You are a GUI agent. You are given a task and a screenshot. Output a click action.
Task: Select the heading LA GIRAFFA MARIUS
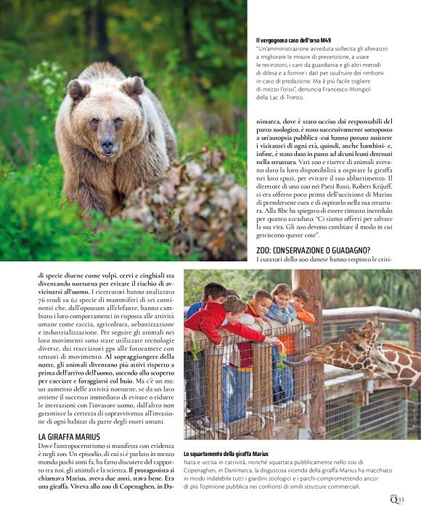point(70,436)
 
